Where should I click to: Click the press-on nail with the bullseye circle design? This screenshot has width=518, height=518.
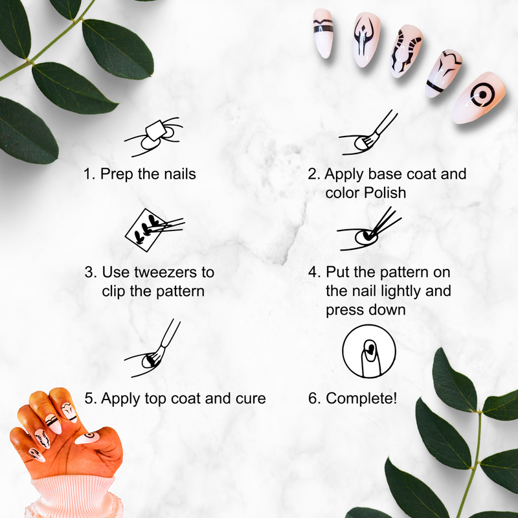pyautogui.click(x=479, y=98)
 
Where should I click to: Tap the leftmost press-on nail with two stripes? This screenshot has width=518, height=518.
pyautogui.click(x=322, y=33)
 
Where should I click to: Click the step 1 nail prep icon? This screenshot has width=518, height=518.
pyautogui.click(x=153, y=137)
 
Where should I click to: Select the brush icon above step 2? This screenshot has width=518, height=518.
pyautogui.click(x=368, y=133)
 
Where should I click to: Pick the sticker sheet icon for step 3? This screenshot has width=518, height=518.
pyautogui.click(x=155, y=230)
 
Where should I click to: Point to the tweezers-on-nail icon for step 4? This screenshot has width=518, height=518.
pyautogui.click(x=369, y=229)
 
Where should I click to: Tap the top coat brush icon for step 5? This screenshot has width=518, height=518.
pyautogui.click(x=152, y=348)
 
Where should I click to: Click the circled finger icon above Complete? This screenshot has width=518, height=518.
pyautogui.click(x=369, y=351)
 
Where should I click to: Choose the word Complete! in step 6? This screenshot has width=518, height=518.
pyautogui.click(x=361, y=398)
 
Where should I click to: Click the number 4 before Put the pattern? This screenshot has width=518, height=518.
pyautogui.click(x=313, y=272)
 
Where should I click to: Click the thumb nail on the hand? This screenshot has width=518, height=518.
pyautogui.click(x=87, y=438)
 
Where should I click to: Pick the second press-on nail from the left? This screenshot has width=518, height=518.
pyautogui.click(x=366, y=39)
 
